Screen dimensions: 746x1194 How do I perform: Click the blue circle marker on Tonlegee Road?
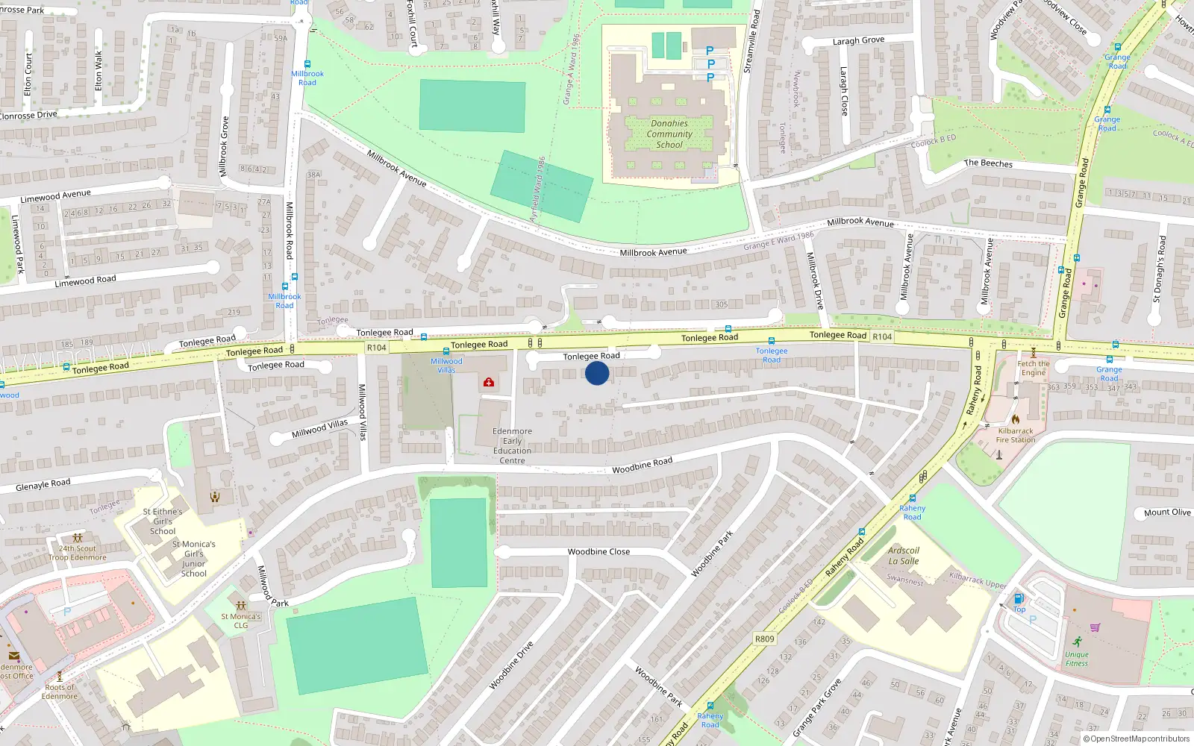[597, 373]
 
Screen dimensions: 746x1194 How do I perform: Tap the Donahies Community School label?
[669, 134]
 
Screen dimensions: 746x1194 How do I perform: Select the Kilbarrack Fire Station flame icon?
[1016, 419]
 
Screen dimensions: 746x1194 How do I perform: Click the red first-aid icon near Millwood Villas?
[489, 383]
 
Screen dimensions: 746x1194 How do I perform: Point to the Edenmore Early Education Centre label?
[512, 445]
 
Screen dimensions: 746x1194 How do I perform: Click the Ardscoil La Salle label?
[904, 556]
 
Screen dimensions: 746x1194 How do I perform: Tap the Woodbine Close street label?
[598, 552]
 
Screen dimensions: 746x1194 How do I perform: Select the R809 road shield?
[765, 639]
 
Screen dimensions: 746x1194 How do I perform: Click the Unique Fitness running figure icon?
[1077, 642]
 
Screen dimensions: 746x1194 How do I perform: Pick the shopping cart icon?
[1095, 627]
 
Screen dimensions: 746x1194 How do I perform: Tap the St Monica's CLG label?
[240, 621]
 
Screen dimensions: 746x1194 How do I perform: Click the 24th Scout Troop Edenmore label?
[78, 553]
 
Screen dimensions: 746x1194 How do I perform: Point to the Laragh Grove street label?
[858, 41]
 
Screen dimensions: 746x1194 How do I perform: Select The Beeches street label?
[988, 163]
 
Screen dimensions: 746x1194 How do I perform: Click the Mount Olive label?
[1167, 513]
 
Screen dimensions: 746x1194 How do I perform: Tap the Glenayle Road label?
[43, 485]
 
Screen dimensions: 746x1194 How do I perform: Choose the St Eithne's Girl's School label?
[163, 521]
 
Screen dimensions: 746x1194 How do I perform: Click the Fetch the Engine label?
[1034, 368]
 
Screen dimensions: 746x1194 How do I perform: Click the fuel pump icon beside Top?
[1019, 599]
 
